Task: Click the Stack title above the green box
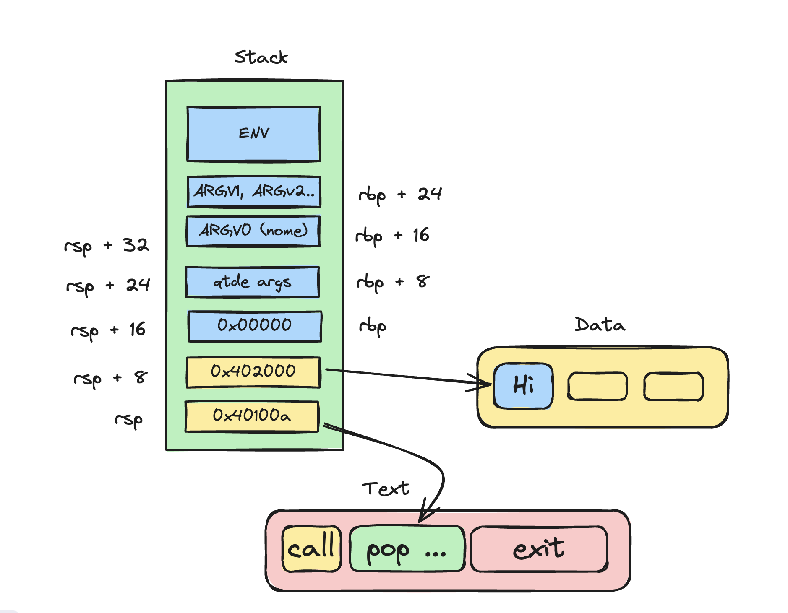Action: (261, 57)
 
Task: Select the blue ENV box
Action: (254, 134)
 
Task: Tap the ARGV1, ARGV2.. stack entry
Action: (254, 192)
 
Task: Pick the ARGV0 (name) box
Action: (253, 231)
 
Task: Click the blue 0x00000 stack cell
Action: (255, 326)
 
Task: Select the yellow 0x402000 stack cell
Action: (253, 371)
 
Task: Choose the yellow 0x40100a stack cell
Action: (252, 416)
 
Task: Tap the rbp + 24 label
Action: (400, 195)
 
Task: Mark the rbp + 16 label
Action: (392, 236)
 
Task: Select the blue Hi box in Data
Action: (523, 385)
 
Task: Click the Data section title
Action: (600, 325)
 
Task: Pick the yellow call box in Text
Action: (311, 548)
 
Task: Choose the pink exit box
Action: (539, 549)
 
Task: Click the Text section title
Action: (385, 489)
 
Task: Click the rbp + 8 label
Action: (393, 282)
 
